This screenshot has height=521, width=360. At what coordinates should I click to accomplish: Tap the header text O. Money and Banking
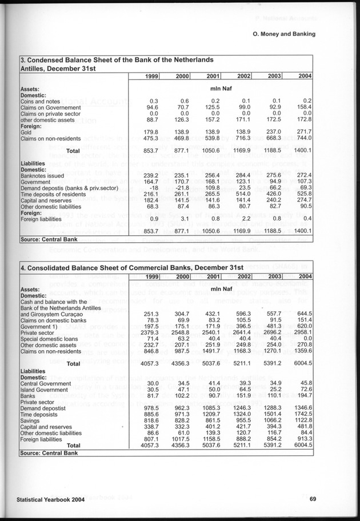point(284,34)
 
